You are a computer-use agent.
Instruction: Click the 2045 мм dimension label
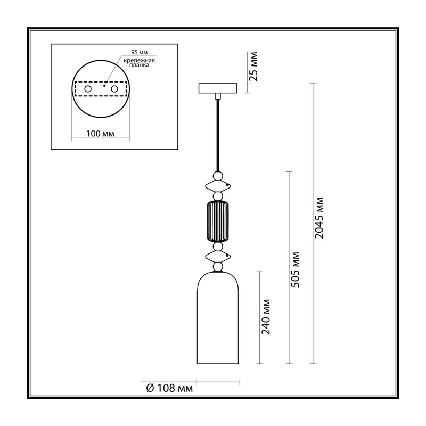(319, 218)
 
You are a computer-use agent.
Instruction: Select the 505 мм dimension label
(295, 270)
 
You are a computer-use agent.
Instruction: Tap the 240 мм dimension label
(265, 317)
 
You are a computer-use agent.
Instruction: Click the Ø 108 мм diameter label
(169, 388)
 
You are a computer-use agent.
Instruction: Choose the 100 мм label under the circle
(100, 134)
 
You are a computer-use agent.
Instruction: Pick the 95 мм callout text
(140, 52)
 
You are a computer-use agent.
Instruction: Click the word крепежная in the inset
(140, 61)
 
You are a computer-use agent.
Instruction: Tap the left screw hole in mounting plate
(88, 89)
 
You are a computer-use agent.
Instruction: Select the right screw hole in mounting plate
(114, 89)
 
